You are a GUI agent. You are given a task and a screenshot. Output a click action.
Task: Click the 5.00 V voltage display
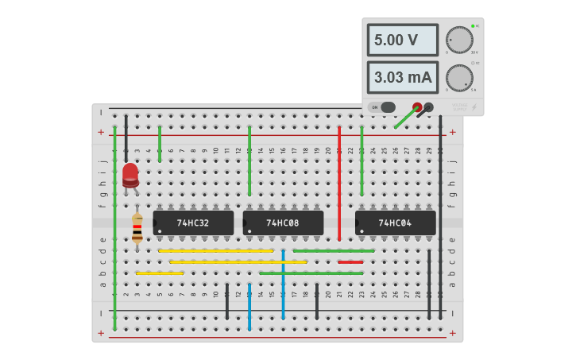[402, 40]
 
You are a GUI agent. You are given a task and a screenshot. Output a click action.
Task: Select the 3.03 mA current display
[402, 77]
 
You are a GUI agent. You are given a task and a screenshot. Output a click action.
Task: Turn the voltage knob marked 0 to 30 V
[458, 40]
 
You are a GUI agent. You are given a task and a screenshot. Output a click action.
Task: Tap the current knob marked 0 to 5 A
[458, 77]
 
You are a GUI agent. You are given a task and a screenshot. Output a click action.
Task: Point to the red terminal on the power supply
[417, 106]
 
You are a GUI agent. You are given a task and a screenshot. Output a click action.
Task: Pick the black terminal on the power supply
[429, 106]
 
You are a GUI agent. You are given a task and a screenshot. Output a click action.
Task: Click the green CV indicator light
[473, 26]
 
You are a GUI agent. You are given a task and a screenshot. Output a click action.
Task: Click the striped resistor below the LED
[137, 227]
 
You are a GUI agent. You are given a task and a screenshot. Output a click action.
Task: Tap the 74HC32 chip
[193, 223]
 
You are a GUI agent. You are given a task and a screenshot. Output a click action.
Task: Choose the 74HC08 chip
[283, 223]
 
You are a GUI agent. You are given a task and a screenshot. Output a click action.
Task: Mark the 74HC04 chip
[395, 223]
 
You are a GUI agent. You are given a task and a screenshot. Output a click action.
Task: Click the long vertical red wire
[339, 183]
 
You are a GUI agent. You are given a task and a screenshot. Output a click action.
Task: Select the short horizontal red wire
[350, 261]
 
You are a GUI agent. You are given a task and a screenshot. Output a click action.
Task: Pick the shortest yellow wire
[159, 273]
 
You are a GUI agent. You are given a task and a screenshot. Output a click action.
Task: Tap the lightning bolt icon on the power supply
[474, 107]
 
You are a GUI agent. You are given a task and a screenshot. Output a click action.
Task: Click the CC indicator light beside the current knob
[473, 63]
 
